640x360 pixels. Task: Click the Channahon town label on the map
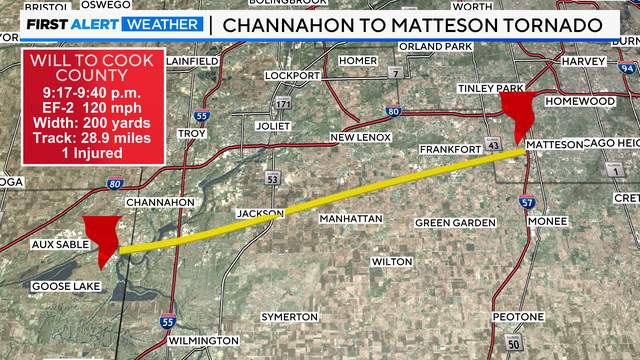coord(161,202)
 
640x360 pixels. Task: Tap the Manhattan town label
coord(350,218)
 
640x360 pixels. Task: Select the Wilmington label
coord(203,341)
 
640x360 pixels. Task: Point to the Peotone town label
coord(518,317)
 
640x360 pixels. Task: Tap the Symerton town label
coord(289,317)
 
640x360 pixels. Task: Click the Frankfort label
coord(451,149)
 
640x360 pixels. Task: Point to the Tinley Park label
coord(491,88)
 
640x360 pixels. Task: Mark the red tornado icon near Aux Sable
coord(102,240)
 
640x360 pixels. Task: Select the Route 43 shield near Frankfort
coord(493,148)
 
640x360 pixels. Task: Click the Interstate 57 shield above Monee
coord(526,202)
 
